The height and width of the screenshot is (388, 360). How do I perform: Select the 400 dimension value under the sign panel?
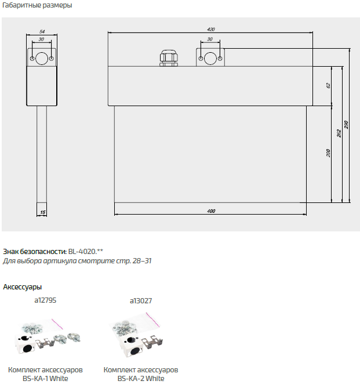[210, 211]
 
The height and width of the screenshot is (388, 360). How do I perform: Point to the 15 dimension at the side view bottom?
[42, 213]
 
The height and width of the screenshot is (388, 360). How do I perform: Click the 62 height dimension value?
[328, 85]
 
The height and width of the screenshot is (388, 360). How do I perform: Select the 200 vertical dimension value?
[328, 154]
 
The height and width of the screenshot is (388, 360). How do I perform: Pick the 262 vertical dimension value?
[338, 133]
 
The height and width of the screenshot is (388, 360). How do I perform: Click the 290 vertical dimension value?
[347, 125]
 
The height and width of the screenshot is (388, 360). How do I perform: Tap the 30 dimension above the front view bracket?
[209, 39]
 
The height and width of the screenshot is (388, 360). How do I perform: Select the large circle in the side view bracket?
[42, 59]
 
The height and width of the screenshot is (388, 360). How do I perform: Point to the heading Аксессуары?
[22, 287]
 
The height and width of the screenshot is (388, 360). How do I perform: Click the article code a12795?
[45, 300]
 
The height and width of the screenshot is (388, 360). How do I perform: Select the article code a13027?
[140, 300]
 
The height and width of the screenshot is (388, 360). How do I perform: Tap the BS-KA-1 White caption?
[45, 379]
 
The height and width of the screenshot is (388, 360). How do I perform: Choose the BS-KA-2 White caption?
[141, 379]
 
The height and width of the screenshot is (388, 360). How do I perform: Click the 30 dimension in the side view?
[42, 39]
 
